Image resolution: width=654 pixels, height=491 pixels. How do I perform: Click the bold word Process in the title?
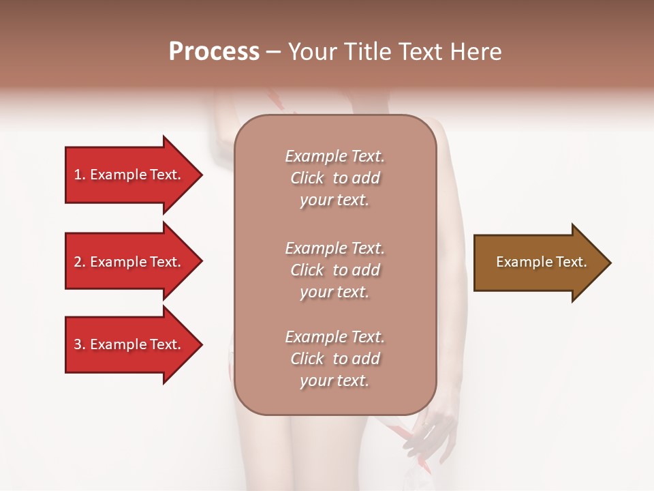click(x=214, y=52)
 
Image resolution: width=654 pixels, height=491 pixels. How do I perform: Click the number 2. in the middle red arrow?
click(x=80, y=262)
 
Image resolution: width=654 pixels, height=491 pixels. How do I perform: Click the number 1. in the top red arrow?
click(x=80, y=175)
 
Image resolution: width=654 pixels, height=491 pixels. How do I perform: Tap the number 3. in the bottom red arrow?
click(x=80, y=344)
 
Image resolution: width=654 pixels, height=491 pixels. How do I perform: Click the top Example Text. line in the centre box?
click(x=334, y=156)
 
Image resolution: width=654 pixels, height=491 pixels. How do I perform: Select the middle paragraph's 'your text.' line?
click(x=334, y=292)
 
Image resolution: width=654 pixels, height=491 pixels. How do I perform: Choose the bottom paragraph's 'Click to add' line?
click(x=334, y=359)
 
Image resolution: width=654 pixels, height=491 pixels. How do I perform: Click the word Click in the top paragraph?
click(x=307, y=178)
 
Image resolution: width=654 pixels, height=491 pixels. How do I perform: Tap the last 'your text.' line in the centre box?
click(x=334, y=381)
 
